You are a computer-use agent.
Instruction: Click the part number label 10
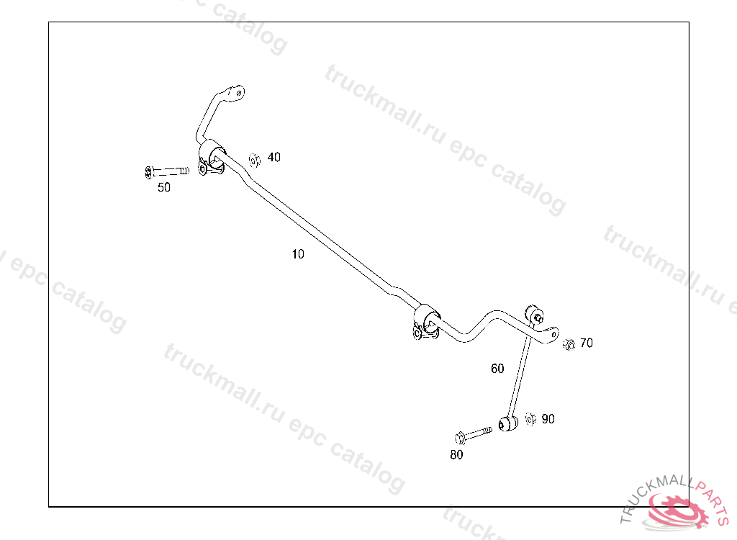click(298, 254)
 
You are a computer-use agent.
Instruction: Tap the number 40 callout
click(274, 157)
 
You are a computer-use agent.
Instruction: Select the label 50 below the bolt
click(164, 187)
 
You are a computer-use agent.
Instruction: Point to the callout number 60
click(497, 369)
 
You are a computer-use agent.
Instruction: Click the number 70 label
click(587, 343)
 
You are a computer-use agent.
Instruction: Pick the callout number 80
click(456, 454)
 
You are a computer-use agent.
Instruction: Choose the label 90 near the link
click(548, 419)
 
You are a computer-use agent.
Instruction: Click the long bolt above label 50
click(166, 171)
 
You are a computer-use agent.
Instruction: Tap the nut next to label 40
click(254, 159)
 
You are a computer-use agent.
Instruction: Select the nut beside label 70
click(568, 343)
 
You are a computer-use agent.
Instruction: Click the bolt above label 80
click(471, 434)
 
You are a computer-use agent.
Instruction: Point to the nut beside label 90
click(530, 418)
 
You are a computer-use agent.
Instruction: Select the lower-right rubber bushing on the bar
click(427, 317)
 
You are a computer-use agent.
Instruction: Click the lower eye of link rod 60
click(507, 423)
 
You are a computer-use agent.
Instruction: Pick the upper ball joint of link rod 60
click(535, 315)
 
